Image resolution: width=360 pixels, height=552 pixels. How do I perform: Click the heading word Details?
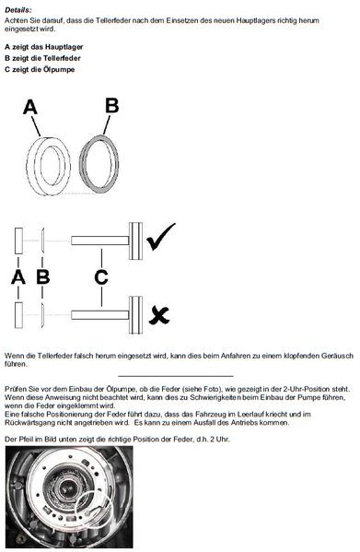tap(17, 10)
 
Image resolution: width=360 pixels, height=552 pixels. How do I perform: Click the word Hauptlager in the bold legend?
tap(64, 47)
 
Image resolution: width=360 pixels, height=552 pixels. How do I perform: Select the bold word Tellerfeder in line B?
tap(62, 58)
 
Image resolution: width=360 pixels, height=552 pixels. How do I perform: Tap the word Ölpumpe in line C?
tap(59, 69)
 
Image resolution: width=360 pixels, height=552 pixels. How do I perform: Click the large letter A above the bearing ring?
tap(30, 107)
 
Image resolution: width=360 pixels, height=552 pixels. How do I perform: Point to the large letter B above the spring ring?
tap(112, 105)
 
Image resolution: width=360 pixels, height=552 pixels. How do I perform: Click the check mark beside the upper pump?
tap(160, 237)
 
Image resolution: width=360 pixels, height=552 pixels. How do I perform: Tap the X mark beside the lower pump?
tap(159, 315)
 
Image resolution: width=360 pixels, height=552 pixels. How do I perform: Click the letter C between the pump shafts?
tap(101, 277)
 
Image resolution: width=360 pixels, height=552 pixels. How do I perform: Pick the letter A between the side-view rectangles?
tap(18, 277)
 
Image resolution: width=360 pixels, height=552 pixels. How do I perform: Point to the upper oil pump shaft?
tap(99, 241)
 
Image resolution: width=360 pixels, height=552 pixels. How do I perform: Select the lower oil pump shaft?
tap(99, 315)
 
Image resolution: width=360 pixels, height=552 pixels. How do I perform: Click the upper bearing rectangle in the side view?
tap(18, 241)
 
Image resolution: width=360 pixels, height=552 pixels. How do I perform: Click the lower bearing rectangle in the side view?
tap(18, 315)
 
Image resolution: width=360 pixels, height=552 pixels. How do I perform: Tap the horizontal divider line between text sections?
tap(176, 376)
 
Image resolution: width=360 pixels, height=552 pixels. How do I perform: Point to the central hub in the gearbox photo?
tap(65, 489)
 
